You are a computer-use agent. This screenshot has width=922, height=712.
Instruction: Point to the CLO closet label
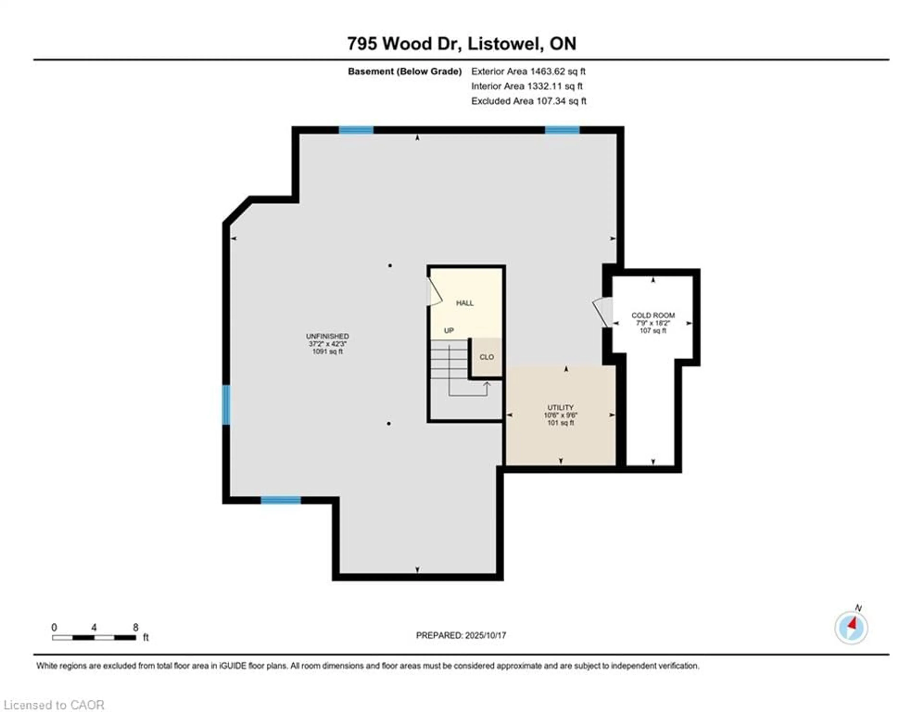(x=486, y=357)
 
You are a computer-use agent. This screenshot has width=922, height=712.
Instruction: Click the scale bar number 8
(x=135, y=627)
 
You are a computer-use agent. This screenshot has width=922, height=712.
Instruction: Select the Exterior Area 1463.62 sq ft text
(x=528, y=71)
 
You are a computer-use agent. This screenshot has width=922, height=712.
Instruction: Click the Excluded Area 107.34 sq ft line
(x=528, y=101)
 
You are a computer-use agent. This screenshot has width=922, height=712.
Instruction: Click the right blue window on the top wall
(x=562, y=130)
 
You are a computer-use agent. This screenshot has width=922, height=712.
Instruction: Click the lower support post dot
(x=389, y=424)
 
